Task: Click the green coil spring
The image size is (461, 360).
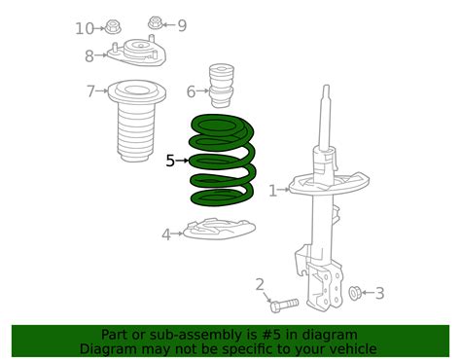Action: click(x=223, y=161)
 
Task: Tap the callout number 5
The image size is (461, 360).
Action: click(x=170, y=162)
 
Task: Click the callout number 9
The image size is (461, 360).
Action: click(x=181, y=24)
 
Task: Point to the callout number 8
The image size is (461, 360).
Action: click(x=89, y=55)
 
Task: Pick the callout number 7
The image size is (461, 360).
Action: click(x=90, y=91)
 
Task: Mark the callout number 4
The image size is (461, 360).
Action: click(x=166, y=234)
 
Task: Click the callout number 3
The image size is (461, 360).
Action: click(x=379, y=292)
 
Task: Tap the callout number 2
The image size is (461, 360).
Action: click(x=260, y=284)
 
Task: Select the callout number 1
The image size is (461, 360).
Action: click(x=272, y=191)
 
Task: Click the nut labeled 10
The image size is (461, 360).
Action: click(x=112, y=26)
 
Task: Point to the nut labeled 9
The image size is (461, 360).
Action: click(x=156, y=22)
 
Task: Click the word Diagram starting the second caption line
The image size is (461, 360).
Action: click(x=110, y=348)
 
